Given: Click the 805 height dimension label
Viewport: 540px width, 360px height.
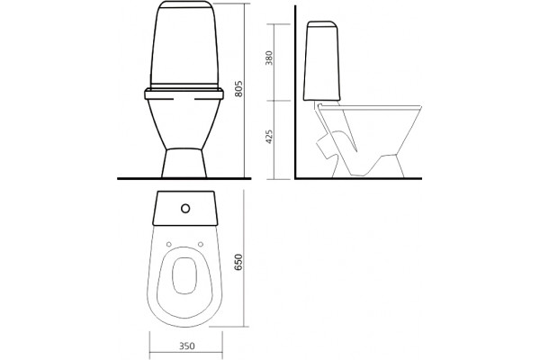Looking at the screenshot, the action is coord(238,88).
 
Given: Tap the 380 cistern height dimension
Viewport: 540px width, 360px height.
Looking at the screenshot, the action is coord(268,58).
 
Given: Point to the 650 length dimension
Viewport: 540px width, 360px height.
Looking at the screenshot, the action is coord(238,262).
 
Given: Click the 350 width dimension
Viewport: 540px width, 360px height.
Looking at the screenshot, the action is coord(186,346).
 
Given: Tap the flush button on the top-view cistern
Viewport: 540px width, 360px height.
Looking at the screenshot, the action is coord(185,209).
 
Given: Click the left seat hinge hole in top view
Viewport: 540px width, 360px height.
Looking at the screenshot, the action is coord(169,244).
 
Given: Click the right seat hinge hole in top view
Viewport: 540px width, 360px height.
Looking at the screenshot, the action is coord(201,244).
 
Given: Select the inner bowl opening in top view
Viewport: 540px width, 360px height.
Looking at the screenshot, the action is coord(184,275).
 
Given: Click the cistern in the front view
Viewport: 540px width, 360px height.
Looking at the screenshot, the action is coord(184,45).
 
